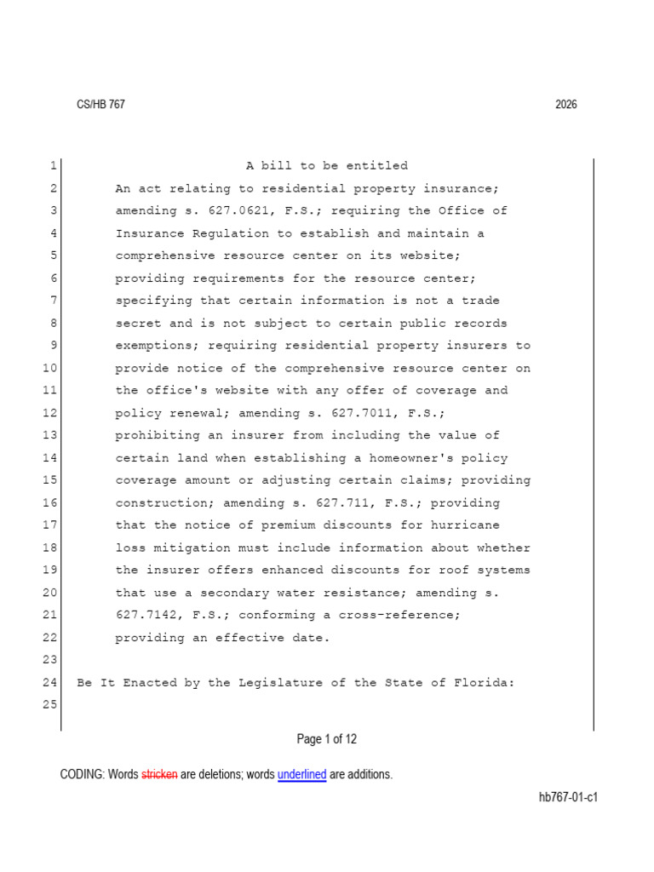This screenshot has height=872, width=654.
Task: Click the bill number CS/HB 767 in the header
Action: (x=100, y=105)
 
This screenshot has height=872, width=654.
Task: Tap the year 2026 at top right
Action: (x=565, y=105)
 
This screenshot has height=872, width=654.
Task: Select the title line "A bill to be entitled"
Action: (x=327, y=166)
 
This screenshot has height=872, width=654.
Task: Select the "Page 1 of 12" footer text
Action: (x=327, y=739)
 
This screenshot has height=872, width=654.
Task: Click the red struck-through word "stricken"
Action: (x=159, y=775)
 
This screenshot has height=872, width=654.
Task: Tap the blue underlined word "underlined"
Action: (x=301, y=775)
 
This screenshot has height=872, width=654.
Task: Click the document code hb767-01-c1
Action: (x=568, y=798)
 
